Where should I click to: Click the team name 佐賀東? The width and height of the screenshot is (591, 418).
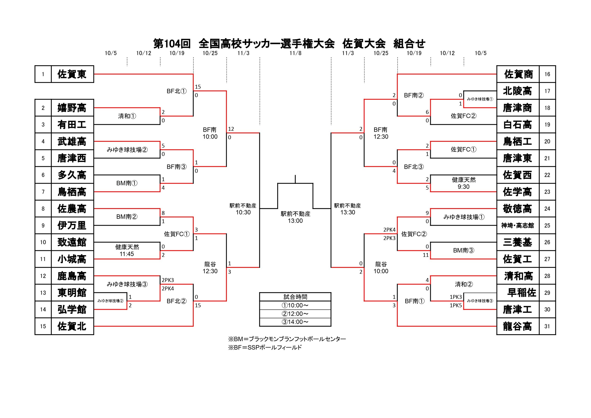[x=72, y=74]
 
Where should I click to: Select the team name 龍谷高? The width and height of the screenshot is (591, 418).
[x=517, y=326]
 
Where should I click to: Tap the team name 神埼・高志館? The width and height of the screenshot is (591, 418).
[x=517, y=226]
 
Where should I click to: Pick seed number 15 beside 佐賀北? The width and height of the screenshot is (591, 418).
[x=43, y=326]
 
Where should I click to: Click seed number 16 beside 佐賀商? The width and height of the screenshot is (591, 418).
[x=547, y=74]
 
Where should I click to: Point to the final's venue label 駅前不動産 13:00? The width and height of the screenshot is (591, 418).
[x=295, y=217]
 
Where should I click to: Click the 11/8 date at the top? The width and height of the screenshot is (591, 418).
[x=295, y=53]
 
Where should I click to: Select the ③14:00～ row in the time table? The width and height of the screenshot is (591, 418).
[x=295, y=322]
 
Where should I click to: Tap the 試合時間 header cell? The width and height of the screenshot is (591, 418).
[x=295, y=297]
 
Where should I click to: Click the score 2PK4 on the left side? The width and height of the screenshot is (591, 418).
[x=168, y=289]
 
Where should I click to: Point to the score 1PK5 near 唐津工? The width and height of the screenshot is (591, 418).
[x=456, y=305]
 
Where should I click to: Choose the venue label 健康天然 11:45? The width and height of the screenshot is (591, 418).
[x=127, y=250]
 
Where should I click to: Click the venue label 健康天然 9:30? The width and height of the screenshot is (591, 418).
[x=464, y=183]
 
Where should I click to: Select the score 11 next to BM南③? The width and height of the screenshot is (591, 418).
[x=426, y=255]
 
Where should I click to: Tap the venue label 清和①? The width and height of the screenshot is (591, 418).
[x=127, y=116]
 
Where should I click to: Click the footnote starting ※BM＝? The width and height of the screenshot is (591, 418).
[x=287, y=339]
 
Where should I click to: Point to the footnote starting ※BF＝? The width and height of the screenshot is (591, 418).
[x=265, y=347]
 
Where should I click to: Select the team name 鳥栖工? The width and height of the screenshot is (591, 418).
[x=517, y=141]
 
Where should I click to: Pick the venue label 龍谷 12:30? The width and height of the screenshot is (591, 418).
[x=210, y=268]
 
